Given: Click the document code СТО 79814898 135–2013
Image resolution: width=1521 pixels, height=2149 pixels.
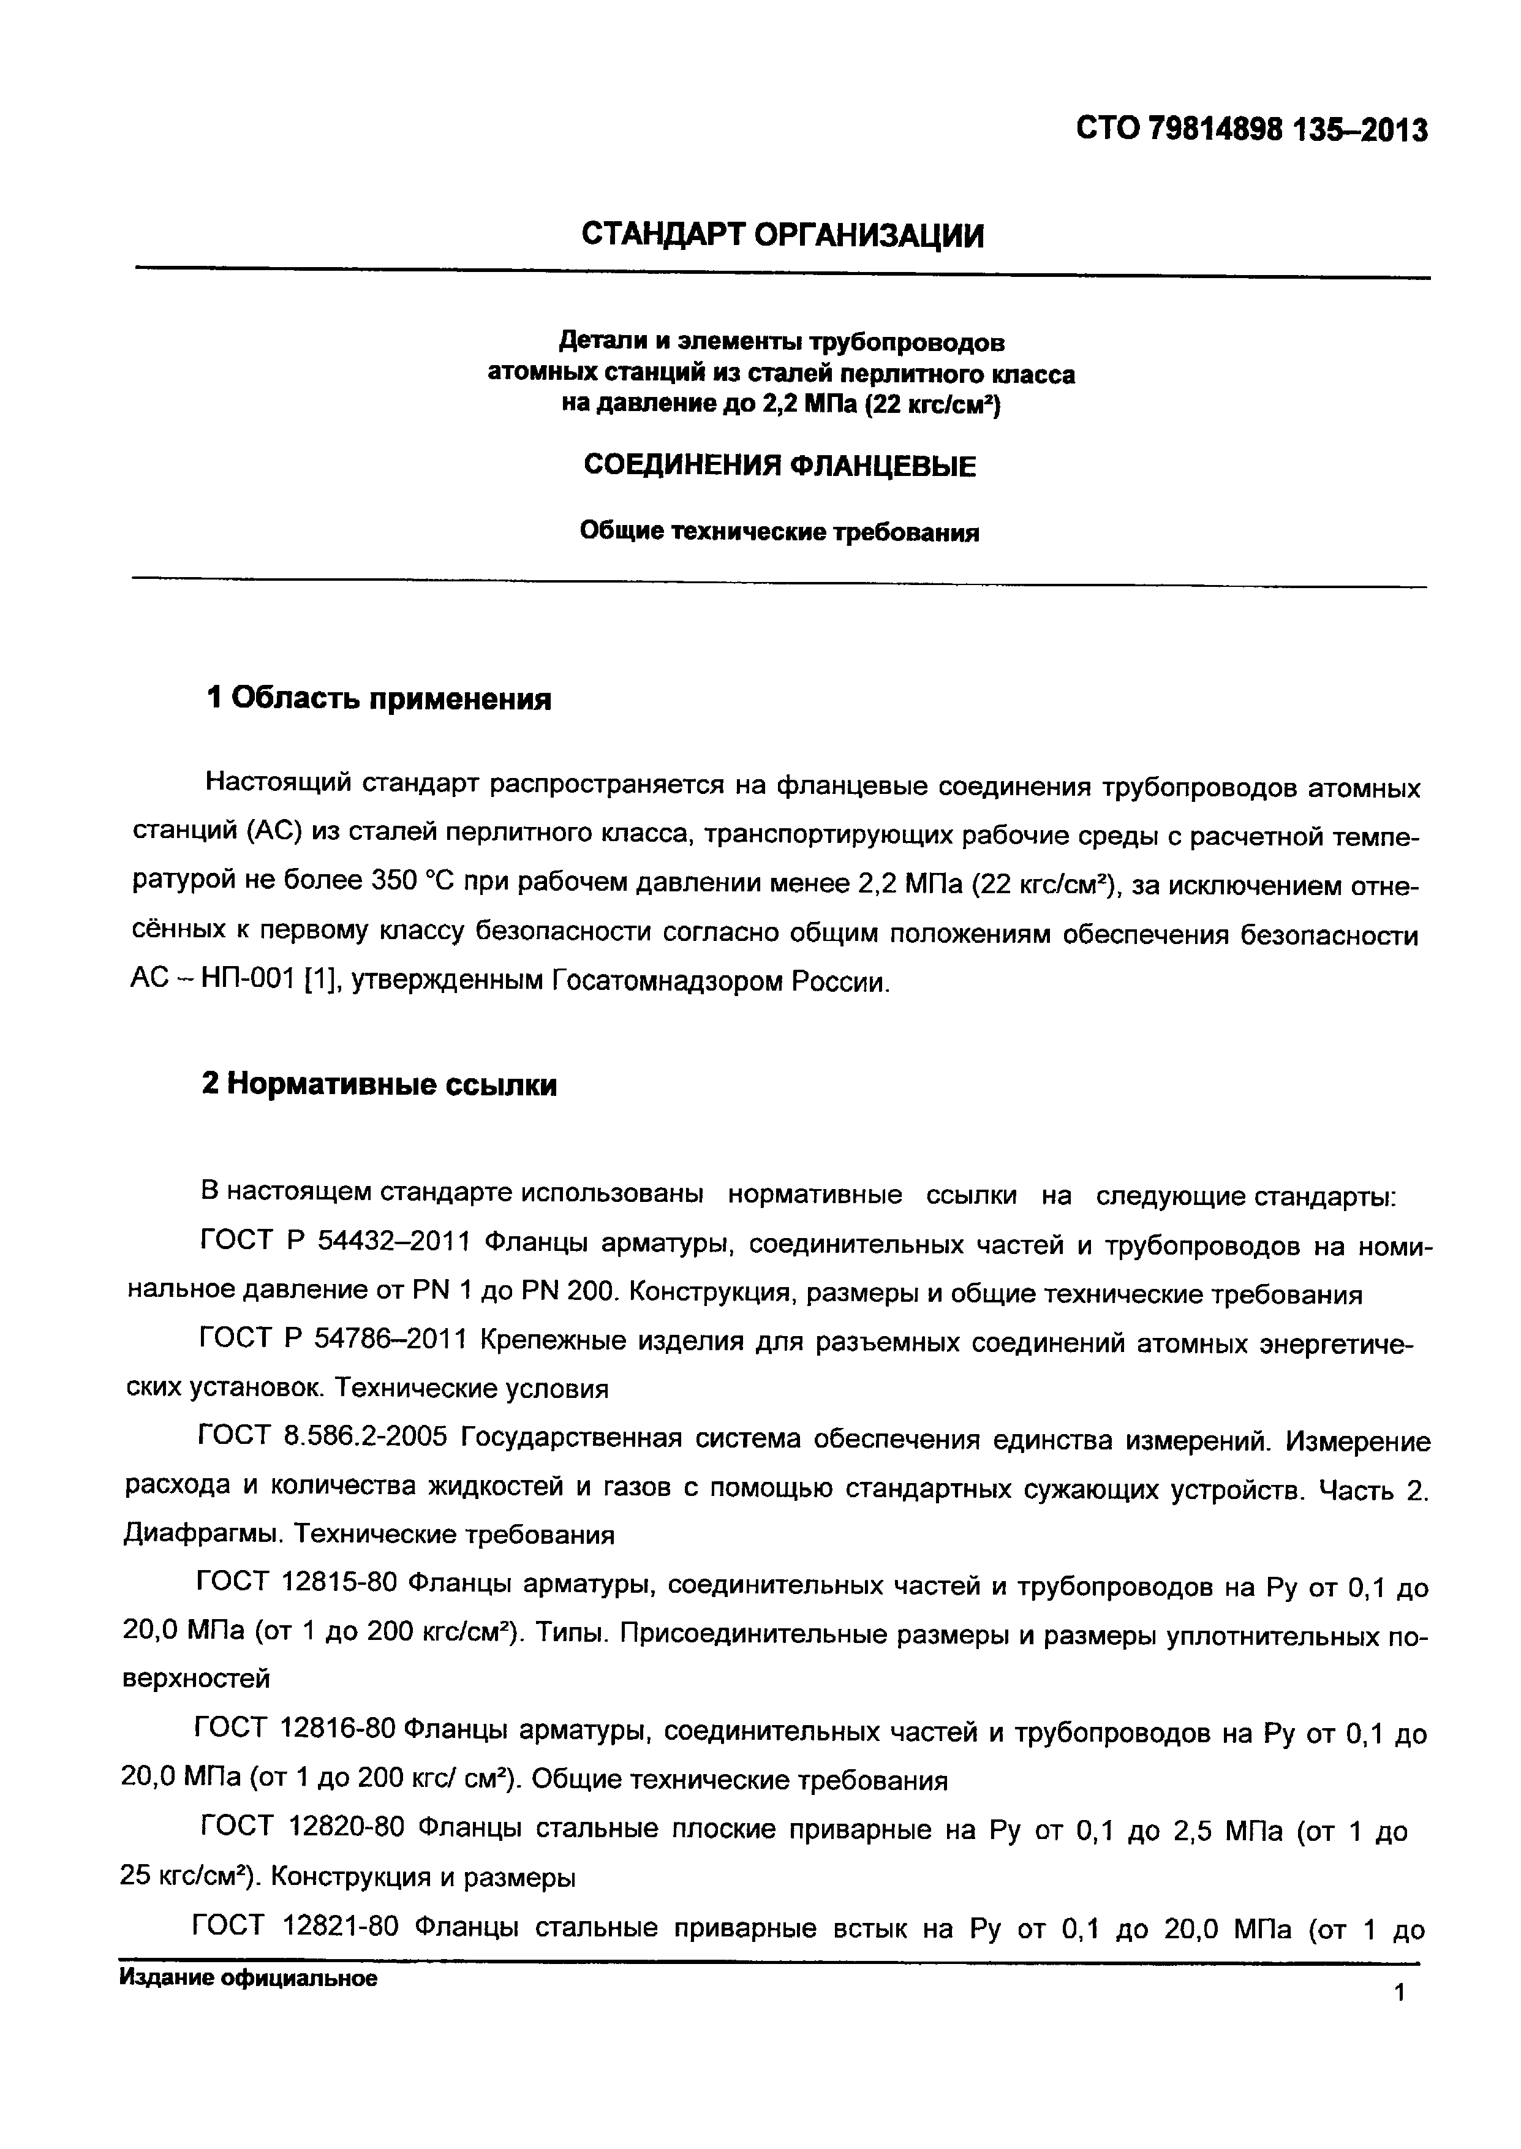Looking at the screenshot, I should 1252,129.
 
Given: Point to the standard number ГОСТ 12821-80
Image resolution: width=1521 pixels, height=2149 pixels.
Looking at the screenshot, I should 295,1927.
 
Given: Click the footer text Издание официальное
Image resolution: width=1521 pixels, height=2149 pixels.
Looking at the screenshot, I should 248,1979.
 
